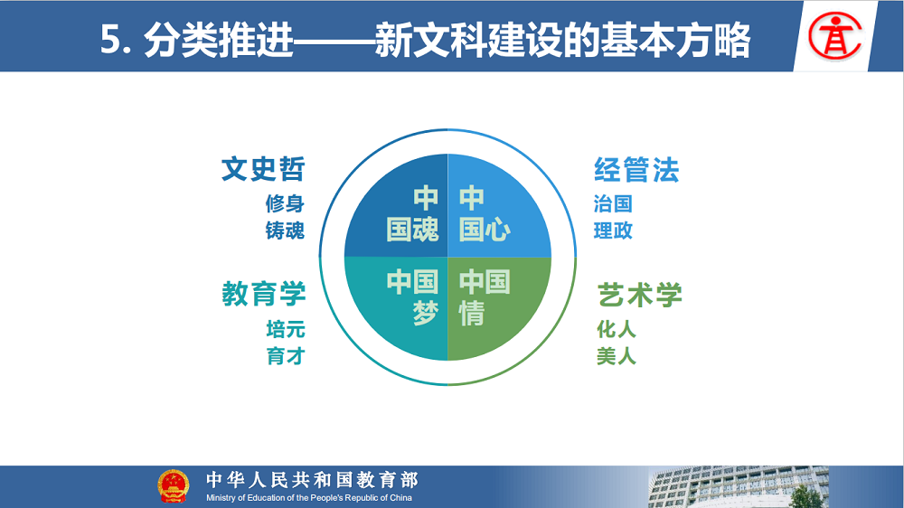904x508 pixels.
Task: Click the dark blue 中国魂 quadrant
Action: [403, 213]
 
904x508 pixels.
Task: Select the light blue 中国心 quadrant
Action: [493, 213]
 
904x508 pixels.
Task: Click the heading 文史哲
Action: [263, 169]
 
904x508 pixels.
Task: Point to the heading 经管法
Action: [636, 170]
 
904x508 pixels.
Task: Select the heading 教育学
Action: [263, 294]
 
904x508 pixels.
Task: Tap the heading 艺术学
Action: [639, 295]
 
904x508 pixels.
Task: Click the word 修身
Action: [285, 203]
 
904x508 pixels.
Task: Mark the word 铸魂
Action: [285, 230]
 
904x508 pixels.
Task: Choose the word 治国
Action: [614, 203]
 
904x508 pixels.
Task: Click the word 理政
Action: [614, 230]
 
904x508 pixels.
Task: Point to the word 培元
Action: [286, 329]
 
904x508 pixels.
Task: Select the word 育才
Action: [286, 356]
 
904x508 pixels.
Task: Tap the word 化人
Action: [617, 329]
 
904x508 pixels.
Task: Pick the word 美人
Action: [617, 356]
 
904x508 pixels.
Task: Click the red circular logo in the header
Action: [834, 36]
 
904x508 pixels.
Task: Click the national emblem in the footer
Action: [173, 486]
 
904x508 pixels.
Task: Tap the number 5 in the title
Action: [110, 41]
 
